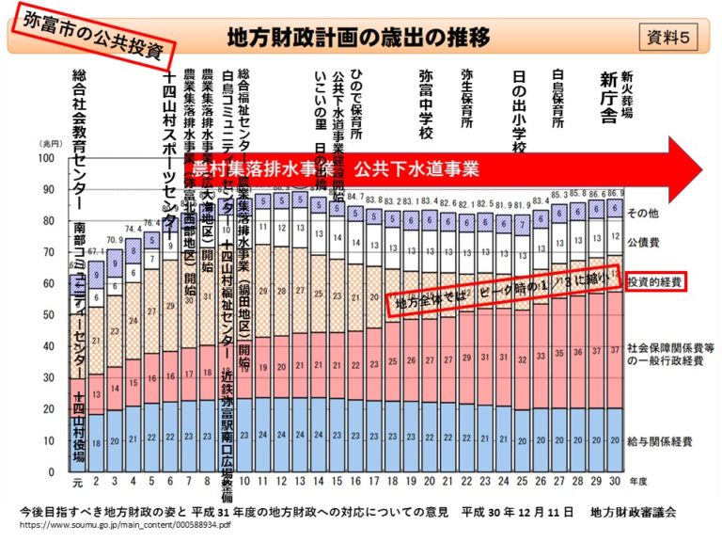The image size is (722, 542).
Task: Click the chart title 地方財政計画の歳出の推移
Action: [x=358, y=37]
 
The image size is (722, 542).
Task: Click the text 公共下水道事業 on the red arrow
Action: [x=416, y=169]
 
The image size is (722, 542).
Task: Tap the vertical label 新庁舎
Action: [x=608, y=97]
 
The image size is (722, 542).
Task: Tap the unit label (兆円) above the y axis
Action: [x=49, y=143]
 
